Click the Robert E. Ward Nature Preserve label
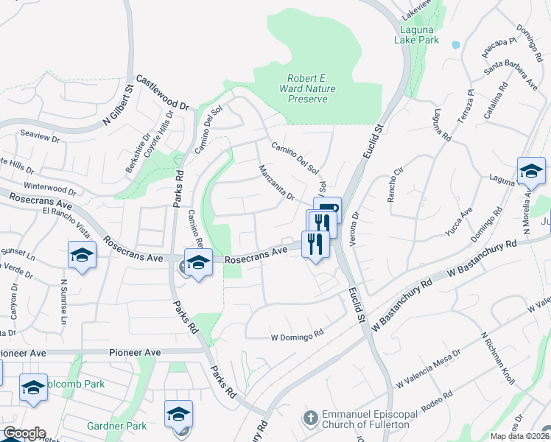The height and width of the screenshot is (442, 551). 308,88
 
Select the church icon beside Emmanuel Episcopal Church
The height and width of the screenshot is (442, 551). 310,418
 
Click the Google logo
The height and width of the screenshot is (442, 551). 24,433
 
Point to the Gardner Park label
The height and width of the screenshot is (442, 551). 116,426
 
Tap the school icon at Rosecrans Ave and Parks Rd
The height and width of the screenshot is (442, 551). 197,263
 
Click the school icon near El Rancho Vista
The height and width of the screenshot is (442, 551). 83,255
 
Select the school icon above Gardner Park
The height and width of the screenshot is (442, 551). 178,414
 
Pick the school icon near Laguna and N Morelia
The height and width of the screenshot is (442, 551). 530,172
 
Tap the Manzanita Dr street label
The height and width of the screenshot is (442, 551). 277,183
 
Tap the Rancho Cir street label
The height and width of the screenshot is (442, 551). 396,183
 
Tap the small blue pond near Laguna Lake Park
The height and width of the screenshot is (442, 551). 455,44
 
